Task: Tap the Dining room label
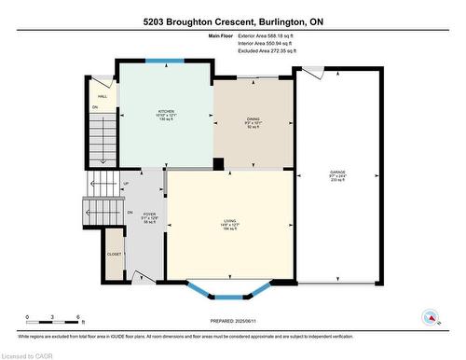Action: [x=254, y=122]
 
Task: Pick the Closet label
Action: [x=114, y=253]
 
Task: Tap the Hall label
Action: [x=102, y=95]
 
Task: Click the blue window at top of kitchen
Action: [x=163, y=62]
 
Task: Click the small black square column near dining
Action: [x=217, y=165]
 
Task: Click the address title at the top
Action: [x=232, y=21]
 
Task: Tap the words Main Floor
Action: [x=223, y=35]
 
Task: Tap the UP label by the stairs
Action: [x=126, y=184]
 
